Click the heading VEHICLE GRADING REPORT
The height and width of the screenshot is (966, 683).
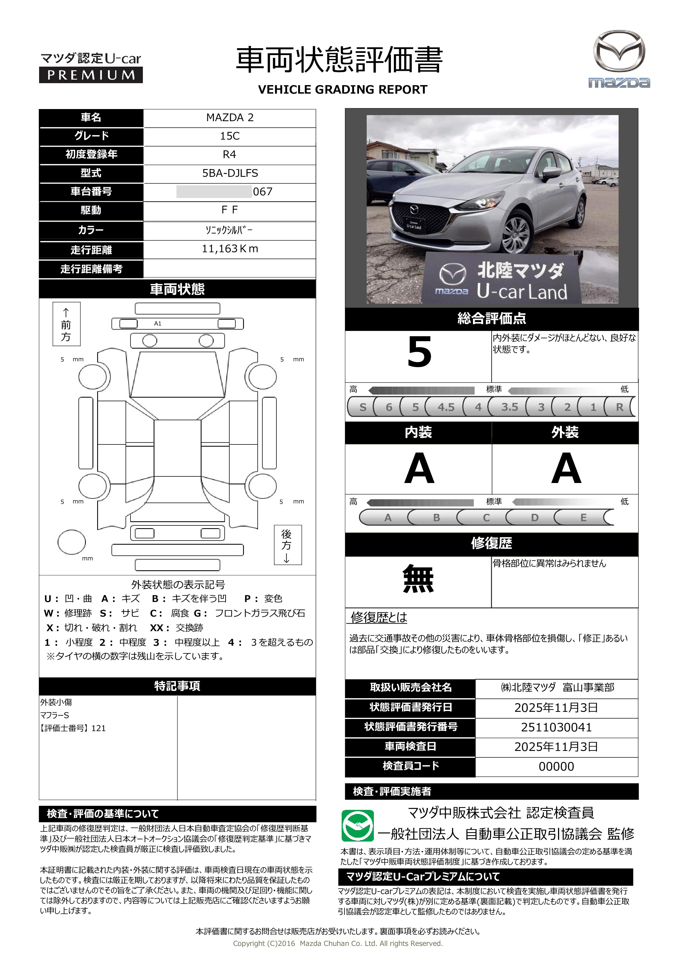pyautogui.click(x=342, y=89)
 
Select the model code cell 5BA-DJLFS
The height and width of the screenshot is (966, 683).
pyautogui.click(x=230, y=173)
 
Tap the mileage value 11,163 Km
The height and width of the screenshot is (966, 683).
pyautogui.click(x=230, y=249)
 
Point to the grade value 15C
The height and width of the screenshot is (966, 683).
pyautogui.click(x=230, y=136)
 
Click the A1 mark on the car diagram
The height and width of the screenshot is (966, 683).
pyautogui.click(x=158, y=324)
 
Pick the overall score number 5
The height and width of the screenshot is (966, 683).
pyautogui.click(x=419, y=352)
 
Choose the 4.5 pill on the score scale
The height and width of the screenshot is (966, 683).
pyautogui.click(x=445, y=407)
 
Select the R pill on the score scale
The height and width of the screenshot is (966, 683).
pyautogui.click(x=619, y=407)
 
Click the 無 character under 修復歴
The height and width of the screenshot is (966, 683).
pyautogui.click(x=418, y=579)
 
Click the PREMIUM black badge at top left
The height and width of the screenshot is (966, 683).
pyautogui.click(x=91, y=75)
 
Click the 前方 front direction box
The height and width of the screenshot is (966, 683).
pyautogui.click(x=66, y=324)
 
